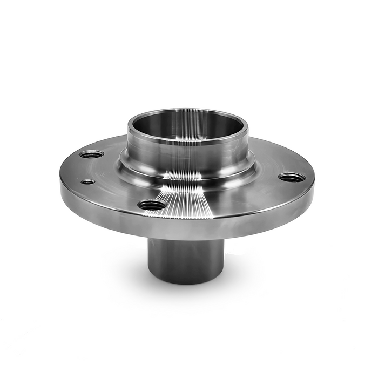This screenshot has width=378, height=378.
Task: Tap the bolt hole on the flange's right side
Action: click(292, 177)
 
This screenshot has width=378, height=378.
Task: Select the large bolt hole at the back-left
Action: click(91, 154)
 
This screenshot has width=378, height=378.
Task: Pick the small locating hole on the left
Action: click(87, 182)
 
